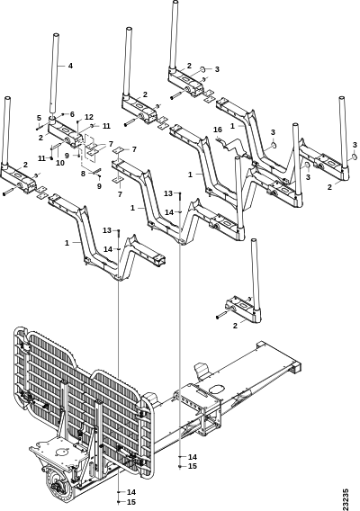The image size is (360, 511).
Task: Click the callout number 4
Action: (70, 66)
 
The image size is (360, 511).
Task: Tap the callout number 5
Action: (39, 118)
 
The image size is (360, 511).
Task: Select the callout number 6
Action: (72, 114)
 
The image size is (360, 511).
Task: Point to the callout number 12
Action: (89, 117)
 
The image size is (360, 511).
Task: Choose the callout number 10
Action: (60, 163)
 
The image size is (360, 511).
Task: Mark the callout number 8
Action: (83, 174)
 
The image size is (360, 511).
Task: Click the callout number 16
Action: (218, 130)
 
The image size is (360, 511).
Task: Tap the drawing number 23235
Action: (346, 499)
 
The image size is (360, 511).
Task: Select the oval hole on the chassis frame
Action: (217, 389)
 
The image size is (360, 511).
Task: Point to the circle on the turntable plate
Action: (60, 453)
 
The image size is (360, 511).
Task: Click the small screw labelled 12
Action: (78, 123)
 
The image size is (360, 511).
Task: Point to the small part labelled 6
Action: (62, 114)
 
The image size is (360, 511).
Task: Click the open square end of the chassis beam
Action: (296, 368)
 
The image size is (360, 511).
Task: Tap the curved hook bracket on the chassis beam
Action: (202, 371)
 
